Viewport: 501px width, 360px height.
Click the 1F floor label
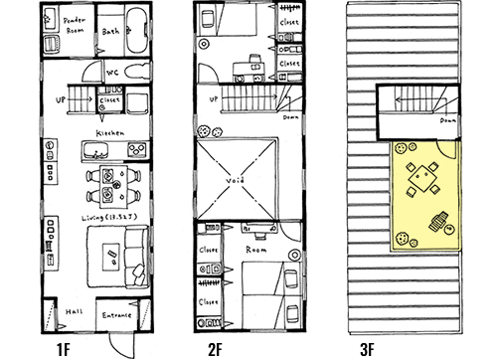[x=62, y=348]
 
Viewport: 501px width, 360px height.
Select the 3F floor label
[x=367, y=348]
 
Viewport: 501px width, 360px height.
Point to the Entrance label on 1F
[x=118, y=315]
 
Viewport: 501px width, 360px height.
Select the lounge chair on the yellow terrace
[x=436, y=224]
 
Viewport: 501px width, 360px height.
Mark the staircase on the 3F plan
[x=412, y=101]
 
